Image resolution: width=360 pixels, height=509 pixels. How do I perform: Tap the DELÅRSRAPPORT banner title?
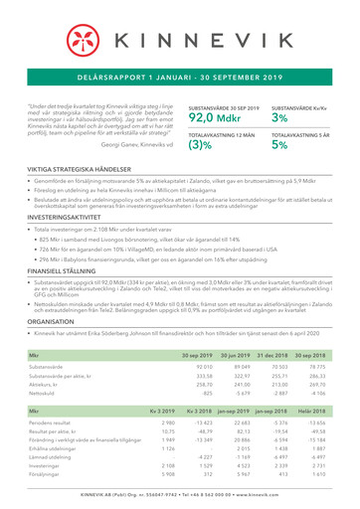click(180, 76)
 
